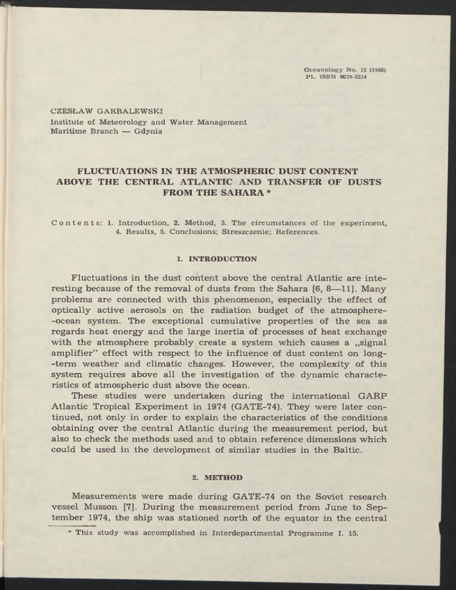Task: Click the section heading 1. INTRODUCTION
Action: coord(228,259)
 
